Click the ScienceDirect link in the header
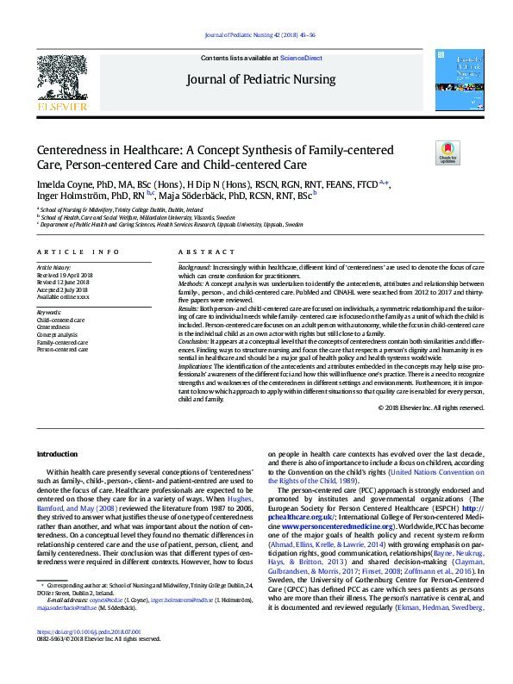tap(300, 58)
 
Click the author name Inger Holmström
tap(68, 196)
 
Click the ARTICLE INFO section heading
tap(78, 252)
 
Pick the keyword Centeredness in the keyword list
tap(54, 327)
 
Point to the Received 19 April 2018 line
tap(66, 276)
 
